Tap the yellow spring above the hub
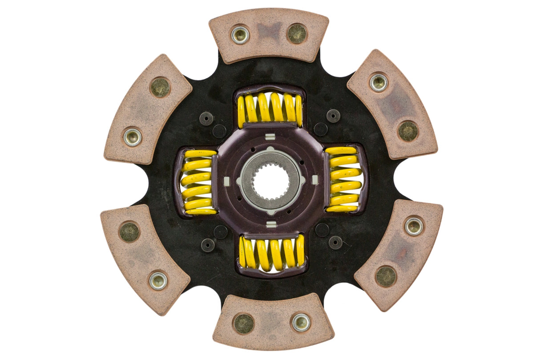click(x=270, y=108)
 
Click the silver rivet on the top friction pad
click(x=240, y=35)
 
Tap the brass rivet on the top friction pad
click(x=297, y=33)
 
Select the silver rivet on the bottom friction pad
click(x=301, y=322)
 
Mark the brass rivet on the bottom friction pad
click(x=244, y=324)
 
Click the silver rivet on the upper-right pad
click(x=379, y=83)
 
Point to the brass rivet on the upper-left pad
click(x=160, y=87)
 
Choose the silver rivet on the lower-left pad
click(x=158, y=280)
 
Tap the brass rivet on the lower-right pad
click(x=386, y=276)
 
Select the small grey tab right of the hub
click(x=315, y=179)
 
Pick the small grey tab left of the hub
click(x=226, y=182)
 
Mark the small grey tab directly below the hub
click(x=271, y=224)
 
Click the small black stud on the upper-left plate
click(x=206, y=118)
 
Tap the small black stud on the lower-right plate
click(x=335, y=242)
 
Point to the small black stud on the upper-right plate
click(x=333, y=116)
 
